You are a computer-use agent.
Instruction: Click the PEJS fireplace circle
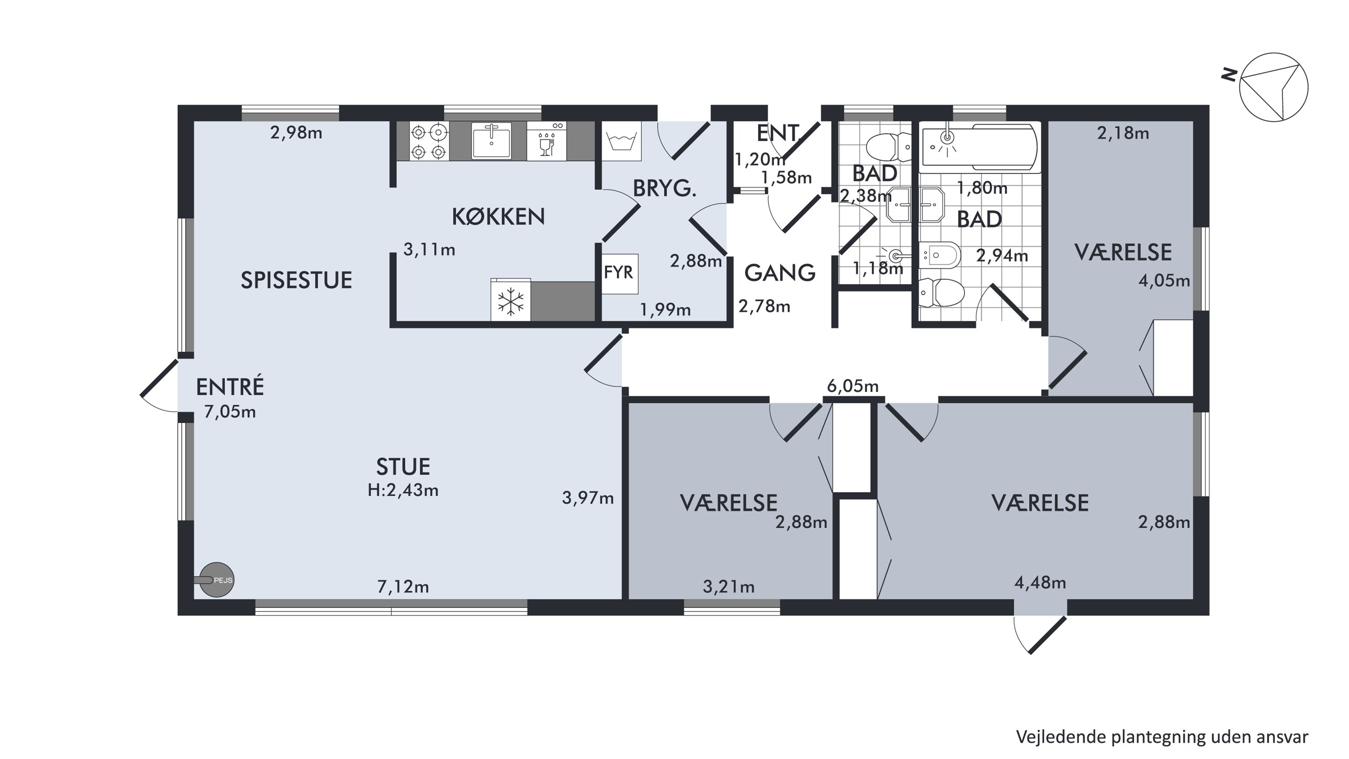point(217,580)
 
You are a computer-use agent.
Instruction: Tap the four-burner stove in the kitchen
point(429,141)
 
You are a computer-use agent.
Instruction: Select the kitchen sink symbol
point(491,140)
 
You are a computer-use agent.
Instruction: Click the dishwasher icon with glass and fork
point(546,141)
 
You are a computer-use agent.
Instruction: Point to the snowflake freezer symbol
point(510,302)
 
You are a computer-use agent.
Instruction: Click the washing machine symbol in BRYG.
point(621,141)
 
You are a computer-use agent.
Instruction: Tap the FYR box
point(620,274)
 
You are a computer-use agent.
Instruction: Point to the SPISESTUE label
point(296,281)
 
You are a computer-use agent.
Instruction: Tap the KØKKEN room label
point(498,216)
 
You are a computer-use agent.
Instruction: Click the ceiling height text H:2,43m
point(403,490)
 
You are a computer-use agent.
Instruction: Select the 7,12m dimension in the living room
point(403,587)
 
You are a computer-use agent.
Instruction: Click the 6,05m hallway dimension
point(853,386)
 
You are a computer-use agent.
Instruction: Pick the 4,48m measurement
point(1040,583)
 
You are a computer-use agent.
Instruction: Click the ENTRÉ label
point(230,387)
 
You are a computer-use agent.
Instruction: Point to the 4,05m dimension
point(1164,281)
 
